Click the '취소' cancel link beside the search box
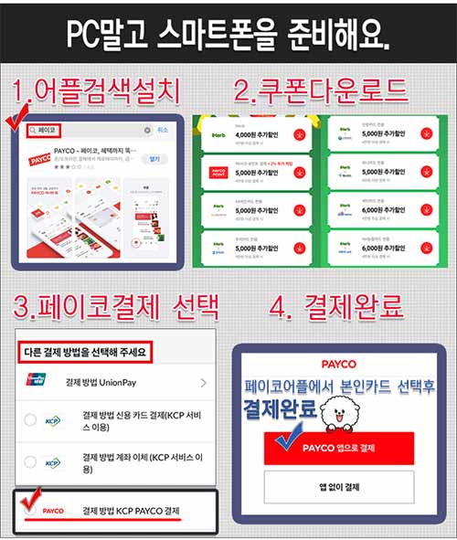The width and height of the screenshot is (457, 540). [x=163, y=131]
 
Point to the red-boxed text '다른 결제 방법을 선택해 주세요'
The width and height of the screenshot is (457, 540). [x=84, y=350]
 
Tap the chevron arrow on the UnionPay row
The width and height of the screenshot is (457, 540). [x=203, y=381]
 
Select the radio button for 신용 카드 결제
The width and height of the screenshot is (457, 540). [x=30, y=420]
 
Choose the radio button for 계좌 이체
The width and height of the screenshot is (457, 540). [x=30, y=461]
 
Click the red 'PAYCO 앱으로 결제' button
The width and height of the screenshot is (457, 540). [x=339, y=448]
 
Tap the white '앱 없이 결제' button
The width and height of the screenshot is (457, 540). [x=339, y=487]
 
